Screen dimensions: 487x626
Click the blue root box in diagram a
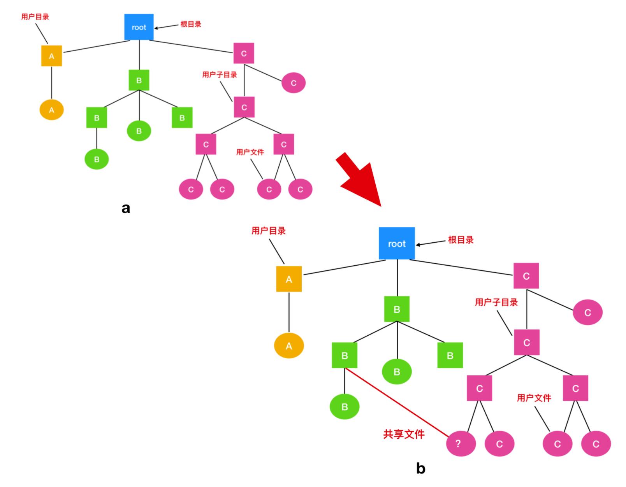tap(139, 27)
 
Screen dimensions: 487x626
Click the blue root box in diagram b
tap(397, 243)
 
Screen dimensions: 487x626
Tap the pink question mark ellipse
tap(461, 443)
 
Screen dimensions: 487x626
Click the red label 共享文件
tap(404, 434)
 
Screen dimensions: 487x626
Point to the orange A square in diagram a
tap(51, 56)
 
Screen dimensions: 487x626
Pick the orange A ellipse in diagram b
tap(289, 346)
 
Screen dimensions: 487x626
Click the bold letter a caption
tap(126, 208)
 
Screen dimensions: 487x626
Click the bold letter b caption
tap(420, 468)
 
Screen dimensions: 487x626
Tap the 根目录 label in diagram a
tap(191, 24)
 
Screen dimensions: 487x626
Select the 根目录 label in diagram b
tap(461, 240)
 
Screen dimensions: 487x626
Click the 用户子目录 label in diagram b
tap(496, 302)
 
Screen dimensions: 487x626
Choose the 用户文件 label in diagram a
tap(250, 152)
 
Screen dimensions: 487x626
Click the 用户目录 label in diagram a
tap(35, 17)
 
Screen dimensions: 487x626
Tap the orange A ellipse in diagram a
tap(51, 110)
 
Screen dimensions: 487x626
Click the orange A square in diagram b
tap(289, 279)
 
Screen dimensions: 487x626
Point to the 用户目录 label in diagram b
tap(268, 231)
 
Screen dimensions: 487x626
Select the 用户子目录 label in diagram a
tap(220, 75)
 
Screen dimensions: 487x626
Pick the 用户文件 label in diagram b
tap(534, 398)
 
